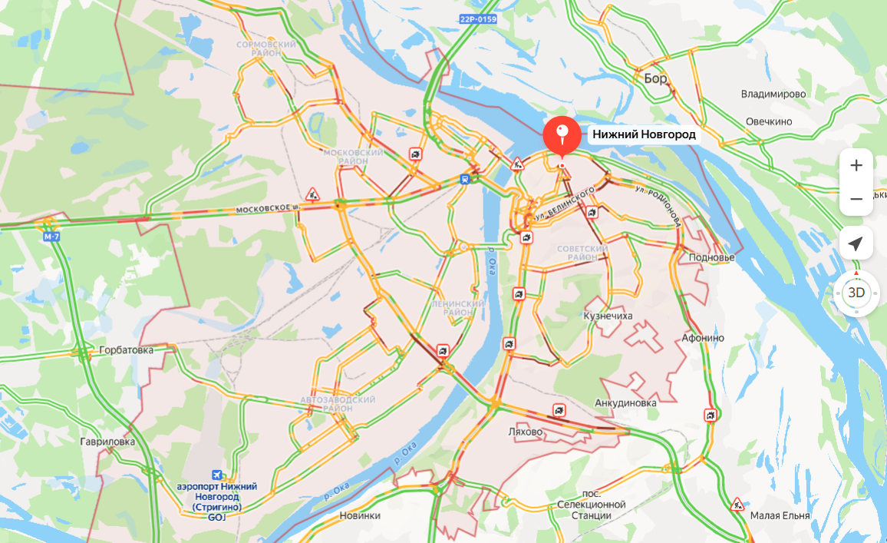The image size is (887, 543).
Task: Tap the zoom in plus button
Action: coord(856,165)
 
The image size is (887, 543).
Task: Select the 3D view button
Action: coord(856,293)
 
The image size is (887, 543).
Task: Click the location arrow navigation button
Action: coord(856,244)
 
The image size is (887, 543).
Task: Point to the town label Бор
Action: coord(655,78)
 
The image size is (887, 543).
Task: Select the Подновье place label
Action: coord(711,257)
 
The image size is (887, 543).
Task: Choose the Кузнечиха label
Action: coord(608,316)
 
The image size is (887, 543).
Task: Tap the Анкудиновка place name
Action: coord(625,402)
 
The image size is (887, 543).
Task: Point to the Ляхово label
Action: coord(526,432)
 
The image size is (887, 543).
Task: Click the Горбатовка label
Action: coord(126,350)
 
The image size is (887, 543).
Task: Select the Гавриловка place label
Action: coord(107,442)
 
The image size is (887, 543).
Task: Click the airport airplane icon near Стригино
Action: coord(217,475)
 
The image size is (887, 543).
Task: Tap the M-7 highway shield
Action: coord(51,237)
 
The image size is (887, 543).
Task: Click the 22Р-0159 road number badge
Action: coord(480,19)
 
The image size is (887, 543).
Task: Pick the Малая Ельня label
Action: coord(780,515)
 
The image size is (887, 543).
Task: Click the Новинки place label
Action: coord(360,515)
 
